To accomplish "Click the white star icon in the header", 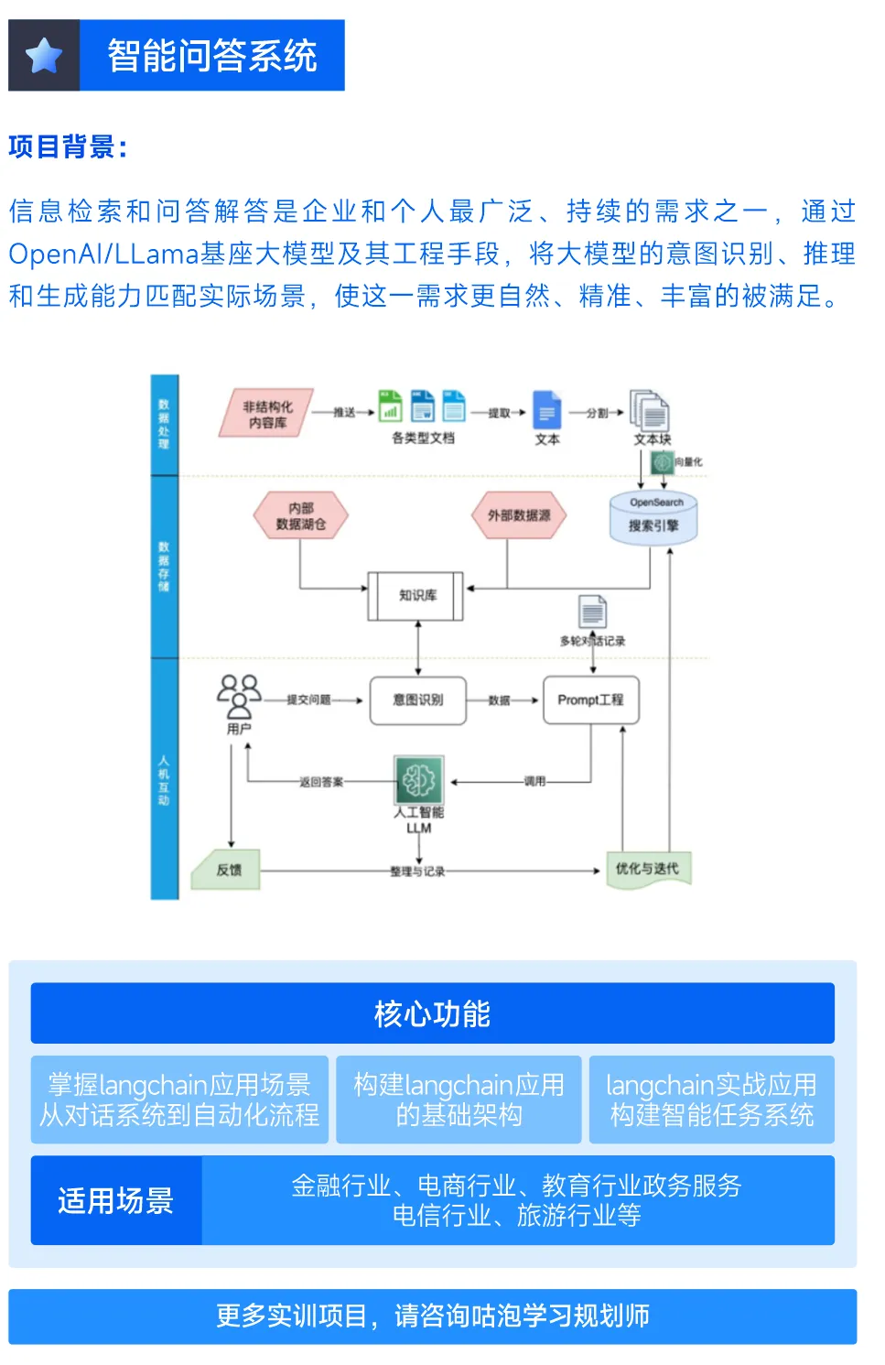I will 44,56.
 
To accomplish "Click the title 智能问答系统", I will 212,56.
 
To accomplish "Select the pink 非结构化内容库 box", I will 266,414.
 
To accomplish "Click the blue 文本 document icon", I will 546,411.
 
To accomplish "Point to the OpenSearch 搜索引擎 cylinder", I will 653,519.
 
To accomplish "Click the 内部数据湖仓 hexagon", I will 301,515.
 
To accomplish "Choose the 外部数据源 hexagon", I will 519,515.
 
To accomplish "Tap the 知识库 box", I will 417,595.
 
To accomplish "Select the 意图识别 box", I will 418,700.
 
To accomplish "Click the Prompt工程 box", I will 590,700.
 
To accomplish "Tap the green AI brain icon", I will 419,779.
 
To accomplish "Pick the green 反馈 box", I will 227,870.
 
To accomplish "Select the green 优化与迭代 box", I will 648,869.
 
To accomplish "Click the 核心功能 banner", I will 432,1013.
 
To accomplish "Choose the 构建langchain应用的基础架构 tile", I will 459,1100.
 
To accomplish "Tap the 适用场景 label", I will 116,1200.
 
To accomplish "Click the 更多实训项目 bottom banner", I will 432,1316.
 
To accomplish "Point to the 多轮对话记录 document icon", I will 592,612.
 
